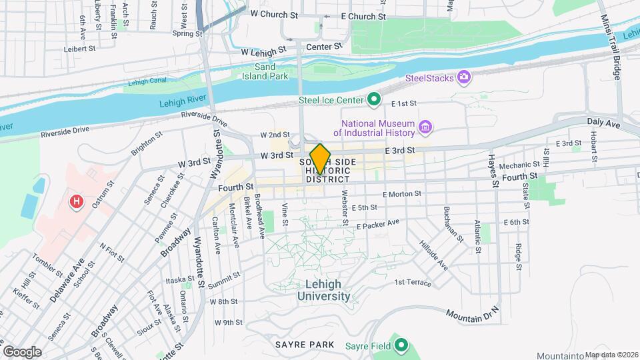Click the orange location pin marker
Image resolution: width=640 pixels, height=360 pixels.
pos(320,159)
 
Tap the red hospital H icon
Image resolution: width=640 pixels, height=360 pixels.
pos(77,200)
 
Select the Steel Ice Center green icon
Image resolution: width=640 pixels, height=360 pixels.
pos(374,101)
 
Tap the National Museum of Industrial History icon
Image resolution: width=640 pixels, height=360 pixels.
pos(425,127)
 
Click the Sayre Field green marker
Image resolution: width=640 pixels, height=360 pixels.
pos(401,345)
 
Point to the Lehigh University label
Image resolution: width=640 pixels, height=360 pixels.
pos(323,290)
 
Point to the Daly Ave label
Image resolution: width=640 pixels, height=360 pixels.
pos(603,123)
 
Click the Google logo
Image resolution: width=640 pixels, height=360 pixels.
pos(22,351)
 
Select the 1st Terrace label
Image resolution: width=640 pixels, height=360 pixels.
pos(413,282)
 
